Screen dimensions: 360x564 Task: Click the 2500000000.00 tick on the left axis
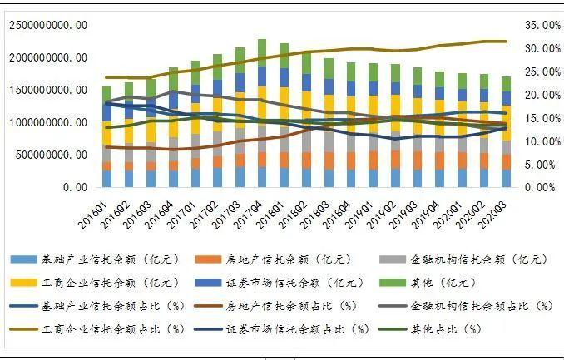coord(47,25)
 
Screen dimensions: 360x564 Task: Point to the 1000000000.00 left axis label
coord(47,122)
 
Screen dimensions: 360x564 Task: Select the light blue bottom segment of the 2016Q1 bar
coord(106,179)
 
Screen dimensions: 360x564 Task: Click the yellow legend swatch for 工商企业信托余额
coord(27,283)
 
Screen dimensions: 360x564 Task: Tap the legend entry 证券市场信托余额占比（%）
coord(292,328)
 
